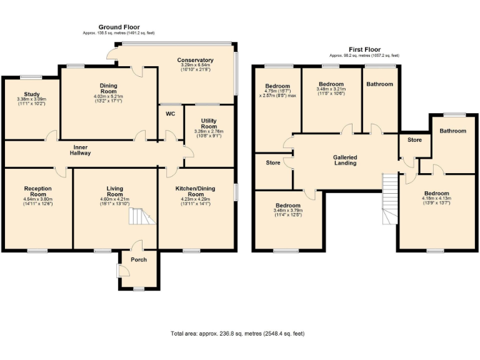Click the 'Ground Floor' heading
click(x=119, y=27)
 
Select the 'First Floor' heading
click(x=364, y=49)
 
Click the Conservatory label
click(x=195, y=60)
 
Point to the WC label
click(x=170, y=114)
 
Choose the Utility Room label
click(x=209, y=122)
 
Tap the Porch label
click(x=139, y=259)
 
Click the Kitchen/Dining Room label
click(x=196, y=191)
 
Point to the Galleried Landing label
click(x=345, y=159)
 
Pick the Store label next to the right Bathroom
click(x=414, y=139)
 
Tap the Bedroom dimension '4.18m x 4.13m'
click(x=436, y=199)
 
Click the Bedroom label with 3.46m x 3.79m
click(x=287, y=206)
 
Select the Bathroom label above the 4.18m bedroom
click(x=452, y=131)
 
